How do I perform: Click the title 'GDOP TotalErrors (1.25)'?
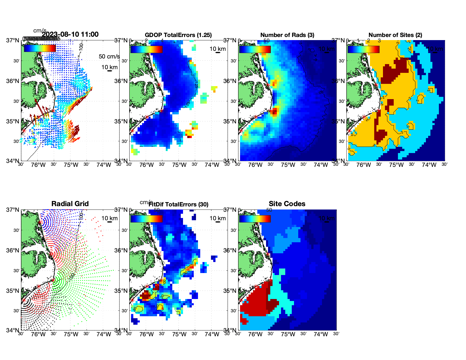tap(178, 35)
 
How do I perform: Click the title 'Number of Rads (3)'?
tap(287, 35)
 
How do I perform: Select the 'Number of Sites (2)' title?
tap(395, 35)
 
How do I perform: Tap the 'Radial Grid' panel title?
tap(70, 204)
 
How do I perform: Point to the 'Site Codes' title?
tap(287, 204)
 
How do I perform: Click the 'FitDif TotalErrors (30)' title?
tap(178, 204)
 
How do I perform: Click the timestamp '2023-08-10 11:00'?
tap(70, 34)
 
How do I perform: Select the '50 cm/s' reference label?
tap(109, 56)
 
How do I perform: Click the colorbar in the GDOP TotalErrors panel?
tap(146, 49)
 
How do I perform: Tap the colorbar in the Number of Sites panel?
tap(363, 49)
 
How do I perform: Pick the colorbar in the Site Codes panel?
tap(255, 219)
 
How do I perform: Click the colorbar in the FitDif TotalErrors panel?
tap(146, 219)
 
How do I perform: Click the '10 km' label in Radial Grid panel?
tap(109, 218)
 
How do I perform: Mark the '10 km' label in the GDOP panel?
tap(217, 49)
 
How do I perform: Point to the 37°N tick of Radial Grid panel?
tap(13, 210)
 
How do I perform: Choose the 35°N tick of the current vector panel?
tap(13, 121)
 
